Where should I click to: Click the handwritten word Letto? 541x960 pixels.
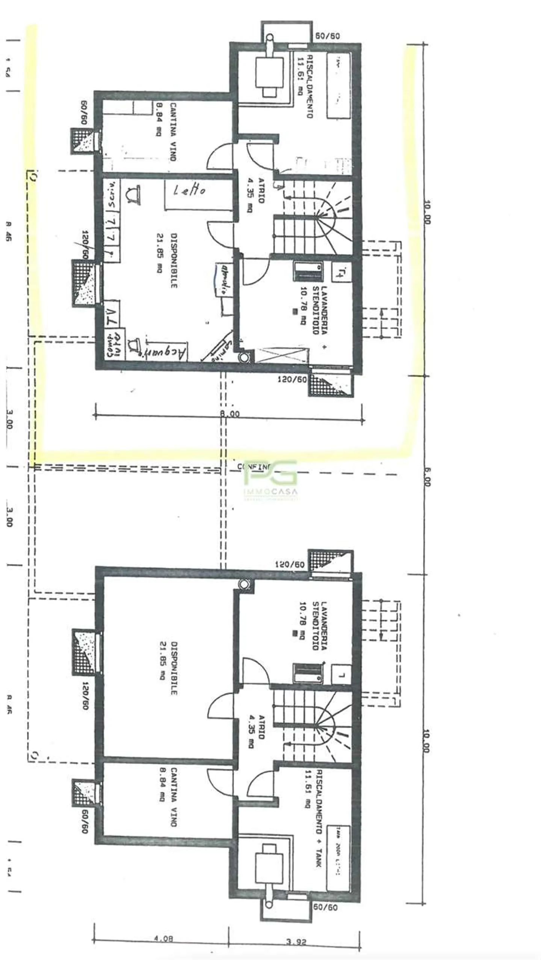point(189,190)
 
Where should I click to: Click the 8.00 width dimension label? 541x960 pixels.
point(229,414)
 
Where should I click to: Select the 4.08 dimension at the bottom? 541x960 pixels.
point(163,938)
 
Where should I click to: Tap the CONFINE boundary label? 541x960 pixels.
point(254,467)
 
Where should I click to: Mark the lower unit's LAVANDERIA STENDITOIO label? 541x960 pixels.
point(314,625)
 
